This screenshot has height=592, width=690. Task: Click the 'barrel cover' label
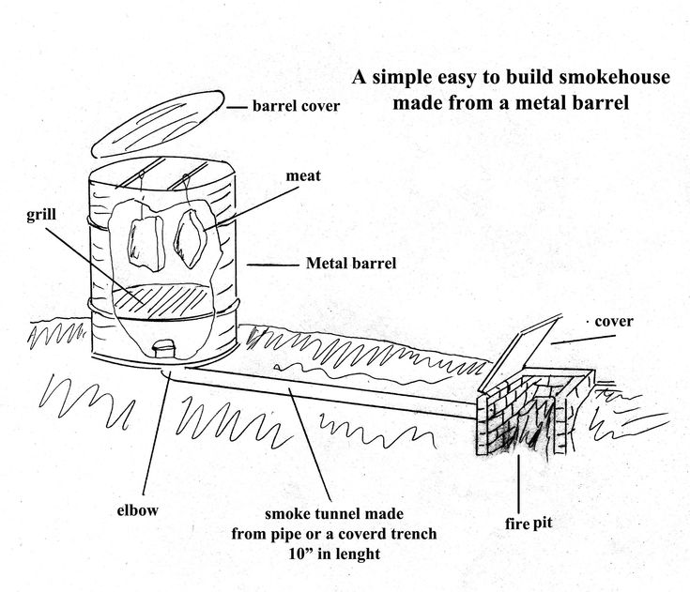pos(295,106)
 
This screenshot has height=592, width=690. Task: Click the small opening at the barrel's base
pos(163,348)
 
